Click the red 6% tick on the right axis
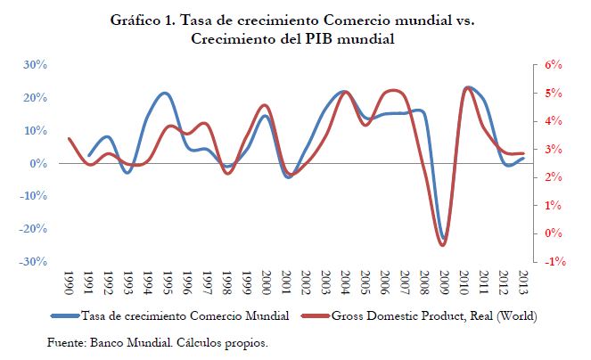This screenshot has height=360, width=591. (x=554, y=65)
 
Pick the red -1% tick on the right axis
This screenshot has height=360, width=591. (x=553, y=262)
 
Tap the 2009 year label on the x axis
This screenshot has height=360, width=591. (x=444, y=284)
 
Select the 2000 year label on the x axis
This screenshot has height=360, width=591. (x=267, y=284)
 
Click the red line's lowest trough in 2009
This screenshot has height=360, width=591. (x=444, y=245)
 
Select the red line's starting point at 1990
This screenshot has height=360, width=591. (x=70, y=138)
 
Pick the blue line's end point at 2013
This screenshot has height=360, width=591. (x=523, y=158)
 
